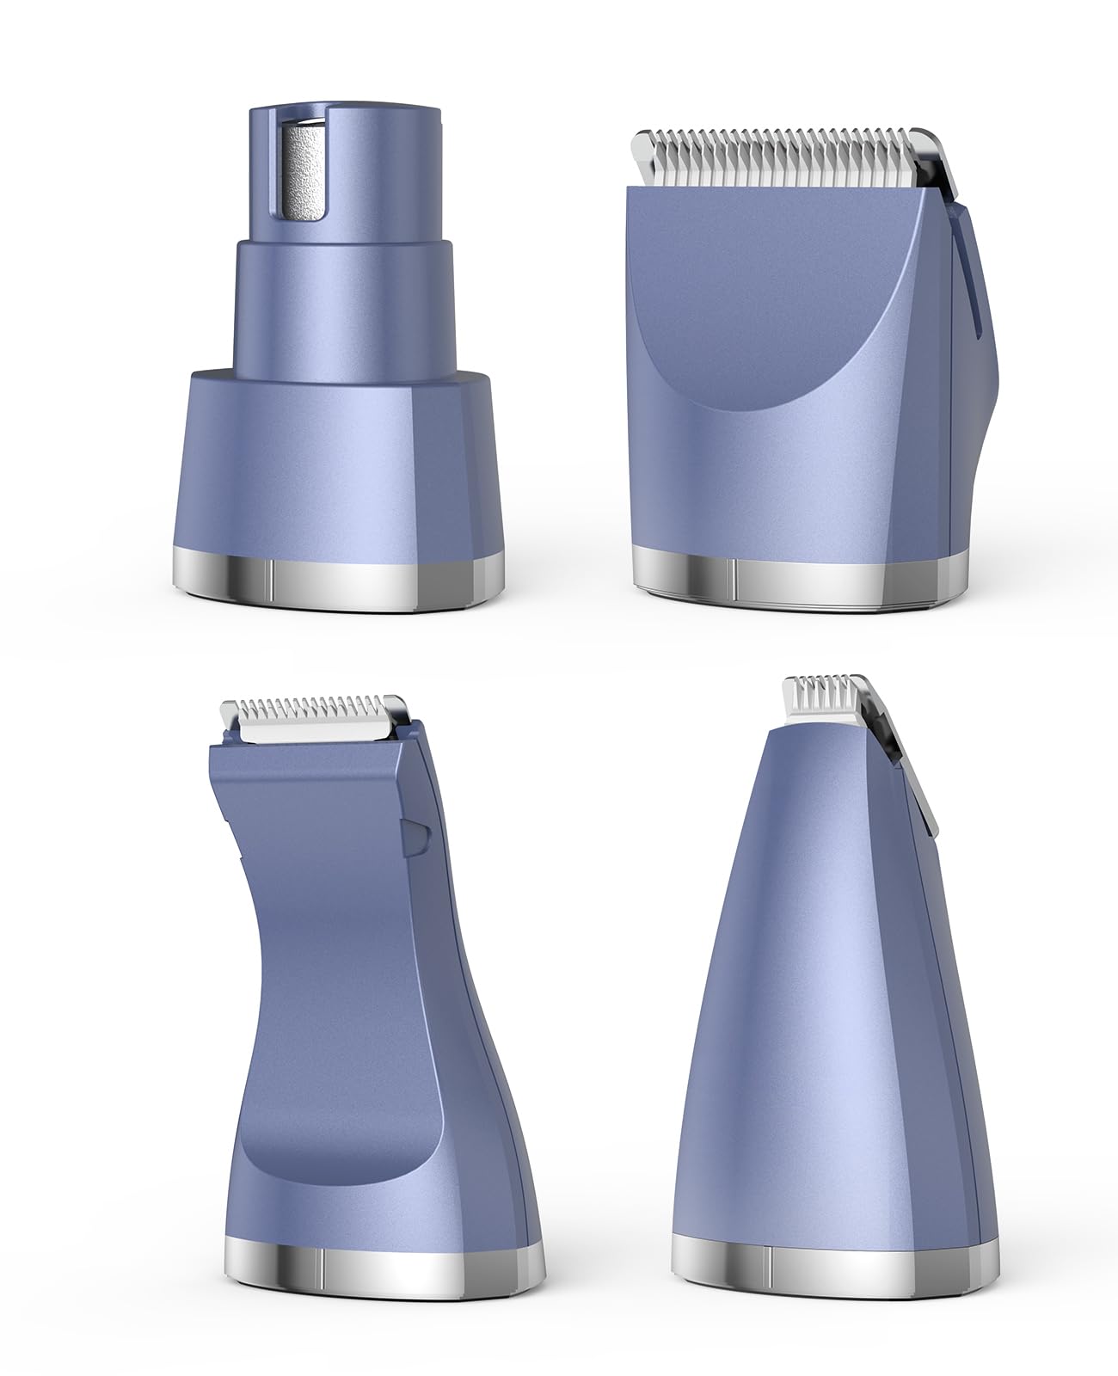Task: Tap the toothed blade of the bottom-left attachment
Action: tap(314, 719)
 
